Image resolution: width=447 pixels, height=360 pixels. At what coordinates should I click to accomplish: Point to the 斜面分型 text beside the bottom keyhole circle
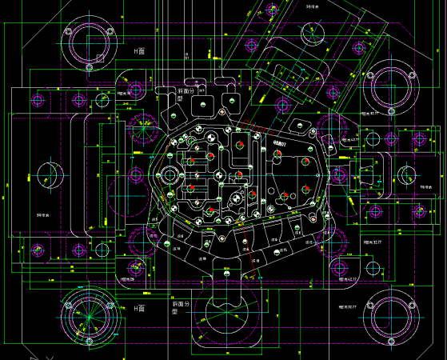180,308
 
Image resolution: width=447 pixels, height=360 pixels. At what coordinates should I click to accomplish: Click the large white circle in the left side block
46,175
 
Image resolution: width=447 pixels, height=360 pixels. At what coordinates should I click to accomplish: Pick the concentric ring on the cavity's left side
170,174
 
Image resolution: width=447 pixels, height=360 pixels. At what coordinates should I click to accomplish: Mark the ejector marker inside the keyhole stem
226,274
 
